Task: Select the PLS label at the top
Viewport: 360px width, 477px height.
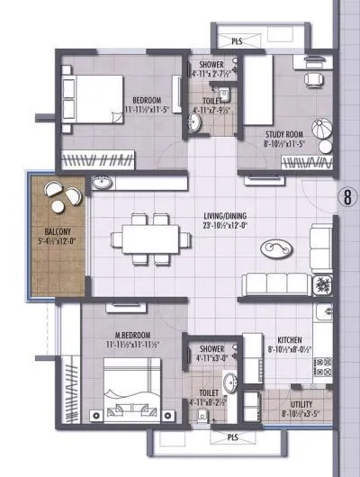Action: [x=236, y=41]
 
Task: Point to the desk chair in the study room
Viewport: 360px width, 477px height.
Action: [x=310, y=79]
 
